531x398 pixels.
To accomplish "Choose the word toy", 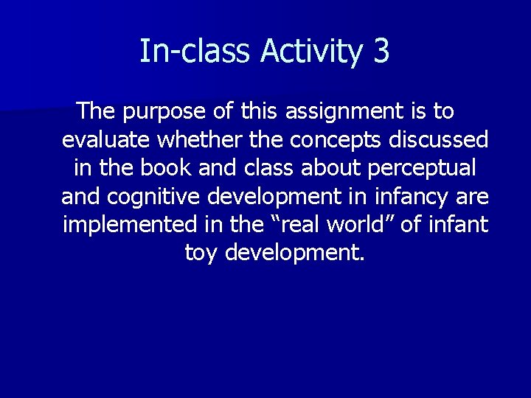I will click(x=201, y=253).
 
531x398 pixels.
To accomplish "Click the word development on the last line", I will click(x=294, y=253).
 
